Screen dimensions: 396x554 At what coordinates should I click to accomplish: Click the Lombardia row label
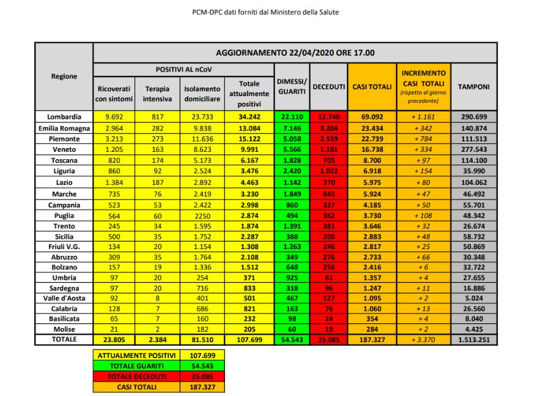pos(64,116)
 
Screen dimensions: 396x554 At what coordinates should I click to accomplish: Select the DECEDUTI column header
pos(329,87)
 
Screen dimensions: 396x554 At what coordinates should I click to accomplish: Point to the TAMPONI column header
pos(474,87)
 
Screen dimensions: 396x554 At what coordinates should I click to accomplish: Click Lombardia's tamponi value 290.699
pos(474,116)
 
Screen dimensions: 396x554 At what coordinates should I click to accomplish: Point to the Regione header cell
pos(64,77)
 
